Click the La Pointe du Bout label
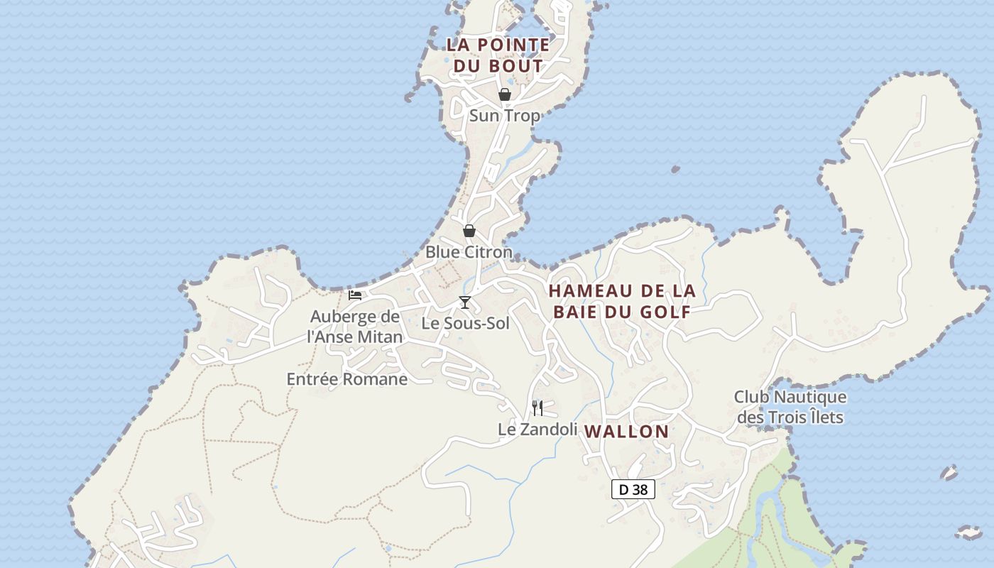[498, 55]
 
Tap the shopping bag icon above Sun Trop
[505, 94]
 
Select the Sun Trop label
[504, 116]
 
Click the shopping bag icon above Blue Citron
[469, 231]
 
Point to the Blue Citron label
[469, 252]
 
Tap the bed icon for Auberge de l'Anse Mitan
[355, 295]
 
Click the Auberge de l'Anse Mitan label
[355, 327]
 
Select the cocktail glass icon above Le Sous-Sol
[465, 302]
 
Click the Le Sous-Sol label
[466, 324]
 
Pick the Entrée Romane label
[347, 379]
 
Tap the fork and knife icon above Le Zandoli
[537, 408]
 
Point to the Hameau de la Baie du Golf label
[622, 301]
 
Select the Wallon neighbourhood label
[626, 432]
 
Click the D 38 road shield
[633, 489]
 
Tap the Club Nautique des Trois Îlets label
[790, 407]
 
